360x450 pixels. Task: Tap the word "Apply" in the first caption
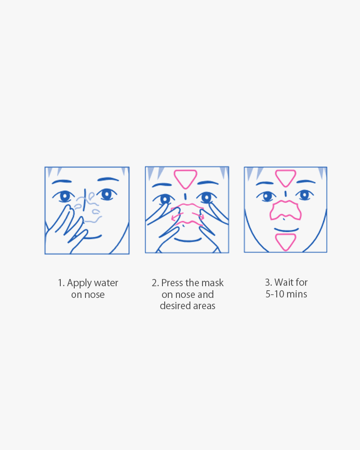click(x=79, y=283)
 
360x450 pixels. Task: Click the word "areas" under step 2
click(x=204, y=306)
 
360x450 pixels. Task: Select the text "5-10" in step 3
click(x=274, y=294)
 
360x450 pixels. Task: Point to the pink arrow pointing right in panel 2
click(x=198, y=215)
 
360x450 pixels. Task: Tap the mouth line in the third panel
click(x=286, y=230)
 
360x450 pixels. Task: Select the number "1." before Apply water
click(x=61, y=283)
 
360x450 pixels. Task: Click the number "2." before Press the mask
click(x=155, y=283)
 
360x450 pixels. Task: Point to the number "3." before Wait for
click(x=268, y=283)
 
